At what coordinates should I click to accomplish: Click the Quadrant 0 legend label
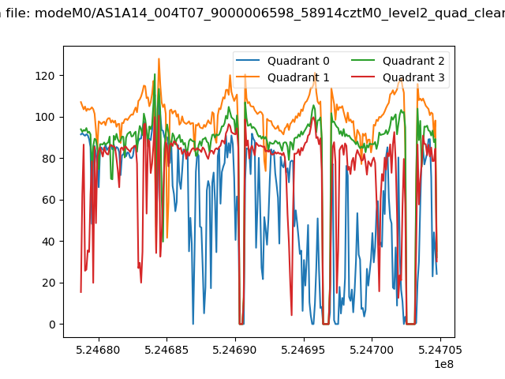point(298,61)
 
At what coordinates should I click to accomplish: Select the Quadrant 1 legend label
point(298,77)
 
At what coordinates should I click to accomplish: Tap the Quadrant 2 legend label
point(413,61)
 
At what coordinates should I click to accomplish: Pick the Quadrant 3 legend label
point(413,77)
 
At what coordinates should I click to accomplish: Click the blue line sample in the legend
point(248,60)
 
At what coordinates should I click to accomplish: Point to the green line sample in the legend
point(363,60)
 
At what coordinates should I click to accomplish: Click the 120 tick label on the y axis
point(45,76)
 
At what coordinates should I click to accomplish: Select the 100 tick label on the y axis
point(45,117)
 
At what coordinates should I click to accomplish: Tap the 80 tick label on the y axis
point(48,159)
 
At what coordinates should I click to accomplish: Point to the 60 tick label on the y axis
point(48,200)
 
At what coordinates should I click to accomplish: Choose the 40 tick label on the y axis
point(48,242)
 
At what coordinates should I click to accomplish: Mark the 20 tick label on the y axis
point(48,283)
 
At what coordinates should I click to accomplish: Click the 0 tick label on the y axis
point(52,325)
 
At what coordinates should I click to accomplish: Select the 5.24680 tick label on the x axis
point(98,350)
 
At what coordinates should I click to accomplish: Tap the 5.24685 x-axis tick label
point(166,350)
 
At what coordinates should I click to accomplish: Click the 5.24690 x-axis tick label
point(235,350)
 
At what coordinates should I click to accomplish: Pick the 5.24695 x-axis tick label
point(303,350)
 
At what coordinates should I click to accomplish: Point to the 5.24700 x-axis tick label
point(372,350)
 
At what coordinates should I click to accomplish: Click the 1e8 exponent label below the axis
point(443,364)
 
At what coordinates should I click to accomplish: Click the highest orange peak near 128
point(159,59)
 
